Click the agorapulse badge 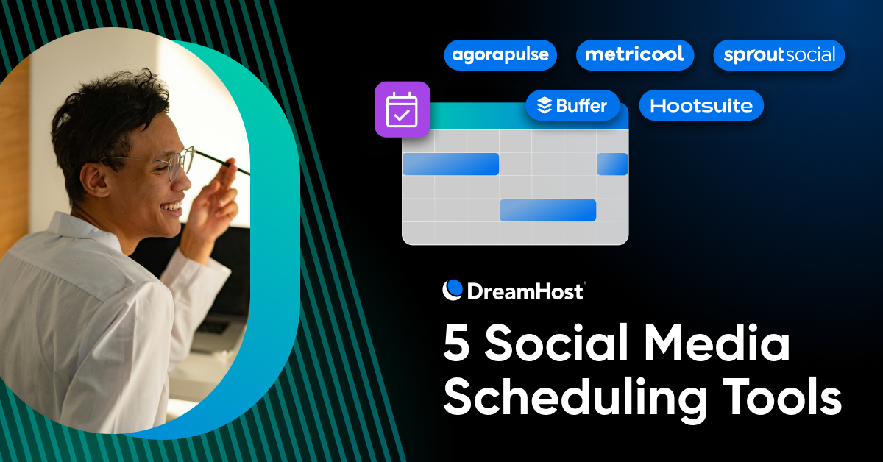click(x=500, y=55)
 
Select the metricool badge click(x=634, y=55)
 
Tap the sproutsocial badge click(x=779, y=55)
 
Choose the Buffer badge click(x=572, y=106)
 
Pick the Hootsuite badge click(x=701, y=106)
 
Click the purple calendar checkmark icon click(x=402, y=110)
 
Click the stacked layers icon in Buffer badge click(x=545, y=106)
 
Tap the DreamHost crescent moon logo click(x=453, y=290)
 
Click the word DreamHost click(x=525, y=291)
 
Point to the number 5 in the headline click(x=457, y=344)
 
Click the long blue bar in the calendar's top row click(x=450, y=164)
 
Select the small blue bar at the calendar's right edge click(x=611, y=164)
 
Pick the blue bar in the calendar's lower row click(x=547, y=210)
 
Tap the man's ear click(x=95, y=177)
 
